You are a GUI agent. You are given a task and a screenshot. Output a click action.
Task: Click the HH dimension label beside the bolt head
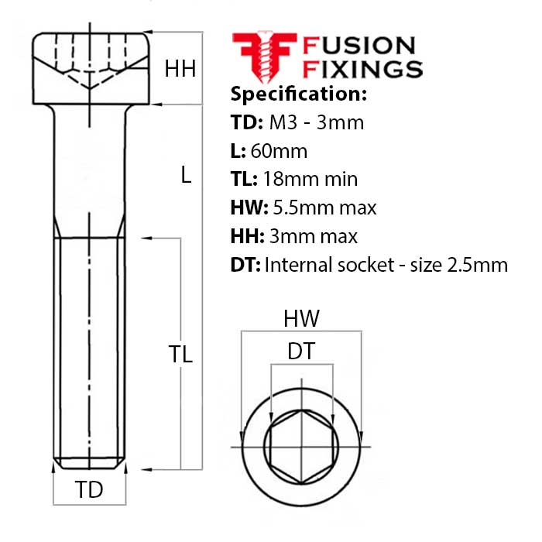click(x=180, y=70)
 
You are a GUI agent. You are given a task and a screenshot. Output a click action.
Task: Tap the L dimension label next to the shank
click(x=185, y=176)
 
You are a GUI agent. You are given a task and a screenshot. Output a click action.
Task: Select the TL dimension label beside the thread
click(x=180, y=354)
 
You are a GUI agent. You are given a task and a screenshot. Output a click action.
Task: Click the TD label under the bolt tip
click(x=89, y=490)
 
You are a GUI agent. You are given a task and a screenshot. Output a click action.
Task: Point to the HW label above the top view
click(x=301, y=317)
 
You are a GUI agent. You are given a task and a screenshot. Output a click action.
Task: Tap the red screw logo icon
click(x=263, y=56)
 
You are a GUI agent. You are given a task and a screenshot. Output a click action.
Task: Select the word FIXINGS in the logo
click(x=364, y=69)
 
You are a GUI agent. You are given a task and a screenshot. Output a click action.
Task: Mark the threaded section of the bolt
click(x=90, y=348)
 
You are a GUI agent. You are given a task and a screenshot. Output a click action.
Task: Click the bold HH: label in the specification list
click(x=248, y=236)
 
